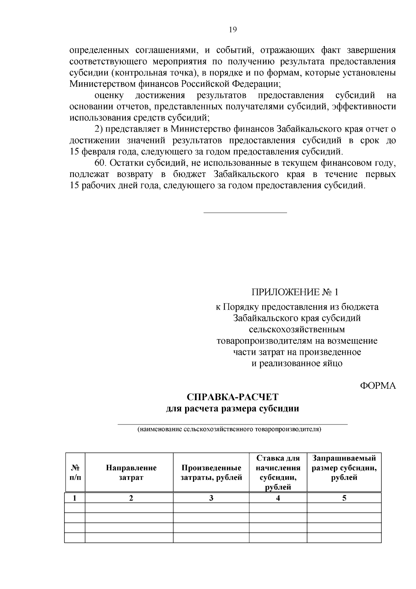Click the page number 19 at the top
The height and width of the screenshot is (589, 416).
pyautogui.click(x=233, y=30)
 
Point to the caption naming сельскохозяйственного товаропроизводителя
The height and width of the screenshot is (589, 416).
pyautogui.click(x=229, y=429)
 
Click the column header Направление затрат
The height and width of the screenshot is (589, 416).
pyautogui.click(x=131, y=473)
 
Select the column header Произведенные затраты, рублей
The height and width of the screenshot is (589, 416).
pyautogui.click(x=211, y=473)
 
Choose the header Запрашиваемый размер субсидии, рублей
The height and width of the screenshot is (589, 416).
pyautogui.click(x=344, y=468)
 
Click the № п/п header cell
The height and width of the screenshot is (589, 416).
pyautogui.click(x=75, y=473)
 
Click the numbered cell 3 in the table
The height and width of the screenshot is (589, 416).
pyautogui.click(x=211, y=498)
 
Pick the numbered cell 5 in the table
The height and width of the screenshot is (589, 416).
pyautogui.click(x=344, y=498)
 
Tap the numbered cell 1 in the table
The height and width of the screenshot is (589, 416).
pyautogui.click(x=75, y=498)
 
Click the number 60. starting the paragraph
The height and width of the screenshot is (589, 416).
pyautogui.click(x=102, y=163)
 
